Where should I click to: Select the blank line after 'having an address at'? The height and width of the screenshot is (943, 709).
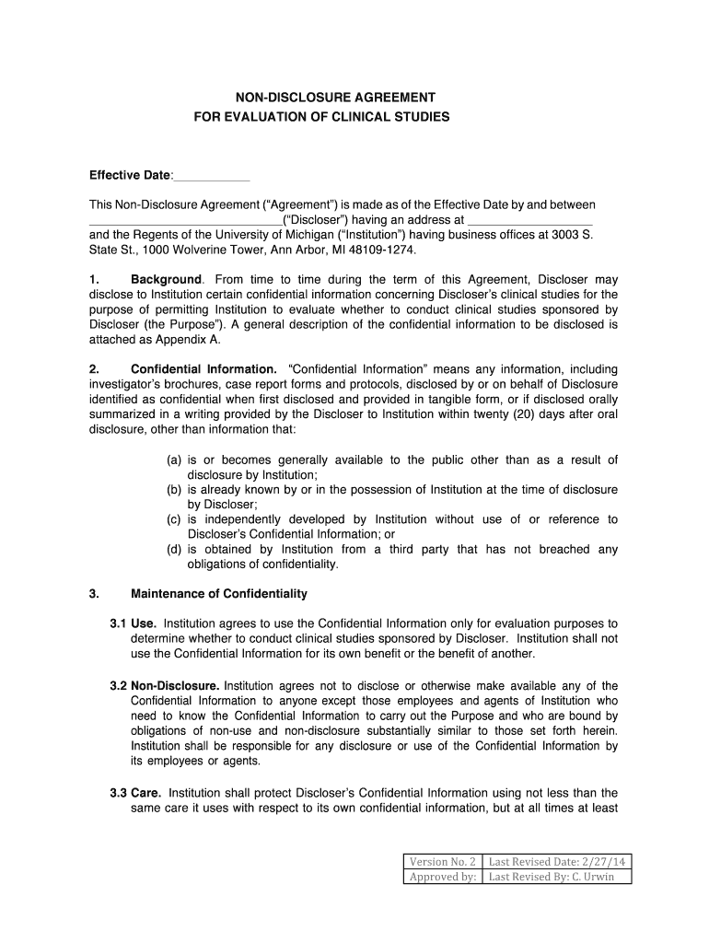pos(530,221)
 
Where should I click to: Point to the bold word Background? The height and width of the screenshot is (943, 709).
pos(166,279)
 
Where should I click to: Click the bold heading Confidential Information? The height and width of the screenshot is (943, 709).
pos(203,369)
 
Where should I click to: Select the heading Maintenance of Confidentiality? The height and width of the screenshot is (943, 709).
pos(219,594)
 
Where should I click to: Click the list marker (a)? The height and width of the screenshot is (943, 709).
pos(174,460)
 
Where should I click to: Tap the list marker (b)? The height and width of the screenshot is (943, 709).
pos(174,490)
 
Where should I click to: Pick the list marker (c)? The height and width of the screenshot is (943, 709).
pos(174,519)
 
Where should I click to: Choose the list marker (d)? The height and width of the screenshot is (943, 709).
pos(174,550)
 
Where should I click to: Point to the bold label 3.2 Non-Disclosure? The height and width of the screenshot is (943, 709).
pos(165,686)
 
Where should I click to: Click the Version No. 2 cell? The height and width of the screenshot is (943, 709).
pos(443,862)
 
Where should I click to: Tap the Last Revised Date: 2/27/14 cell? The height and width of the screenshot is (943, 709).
pos(557,862)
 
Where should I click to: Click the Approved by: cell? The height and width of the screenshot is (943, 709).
pos(443,877)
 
